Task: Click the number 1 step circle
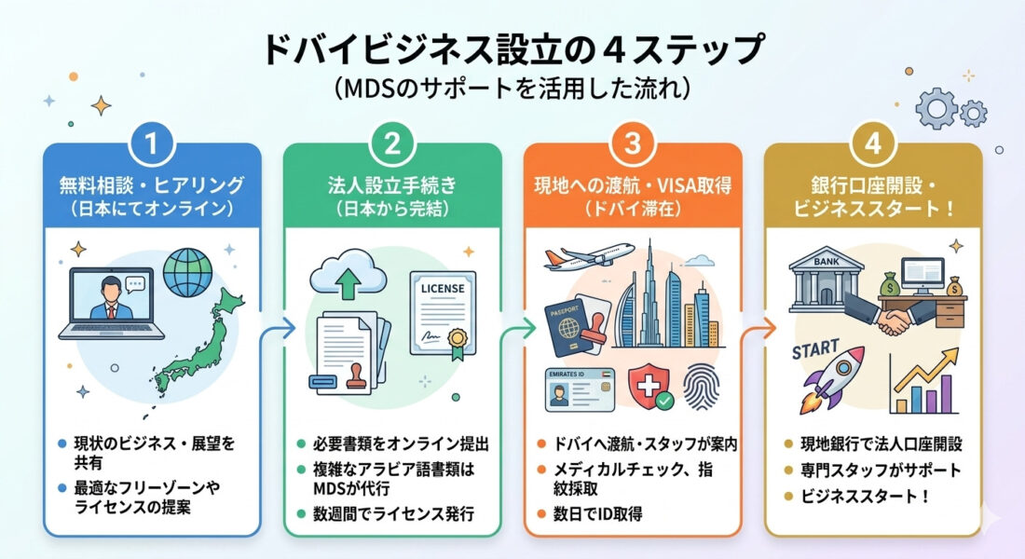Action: pyautogui.click(x=152, y=143)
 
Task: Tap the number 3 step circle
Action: pyautogui.click(x=632, y=143)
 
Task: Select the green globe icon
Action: pyautogui.click(x=187, y=272)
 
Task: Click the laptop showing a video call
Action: pyautogui.click(x=112, y=304)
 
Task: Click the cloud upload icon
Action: pyautogui.click(x=348, y=275)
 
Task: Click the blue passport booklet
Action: pyautogui.click(x=567, y=329)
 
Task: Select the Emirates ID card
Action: pyautogui.click(x=580, y=389)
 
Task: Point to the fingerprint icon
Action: pyautogui.click(x=702, y=387)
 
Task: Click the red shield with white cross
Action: pyautogui.click(x=649, y=387)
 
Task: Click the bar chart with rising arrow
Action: pyautogui.click(x=924, y=382)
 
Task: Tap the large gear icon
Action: pyautogui.click(x=936, y=108)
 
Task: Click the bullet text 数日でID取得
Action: pyautogui.click(x=597, y=514)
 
